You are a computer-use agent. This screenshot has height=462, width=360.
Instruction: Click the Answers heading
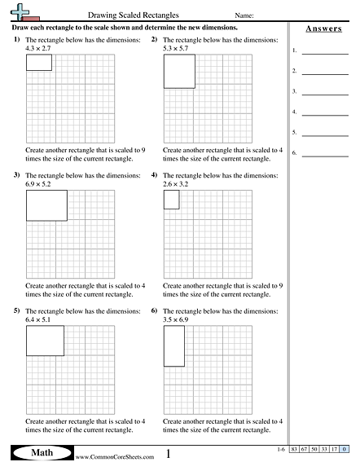point(323,29)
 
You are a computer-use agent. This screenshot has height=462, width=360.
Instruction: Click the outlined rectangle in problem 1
point(38,63)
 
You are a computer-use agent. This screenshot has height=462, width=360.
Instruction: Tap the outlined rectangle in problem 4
point(171,200)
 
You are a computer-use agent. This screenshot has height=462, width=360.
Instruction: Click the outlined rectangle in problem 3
point(46,206)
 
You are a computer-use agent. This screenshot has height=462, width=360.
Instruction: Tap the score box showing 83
point(296,450)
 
